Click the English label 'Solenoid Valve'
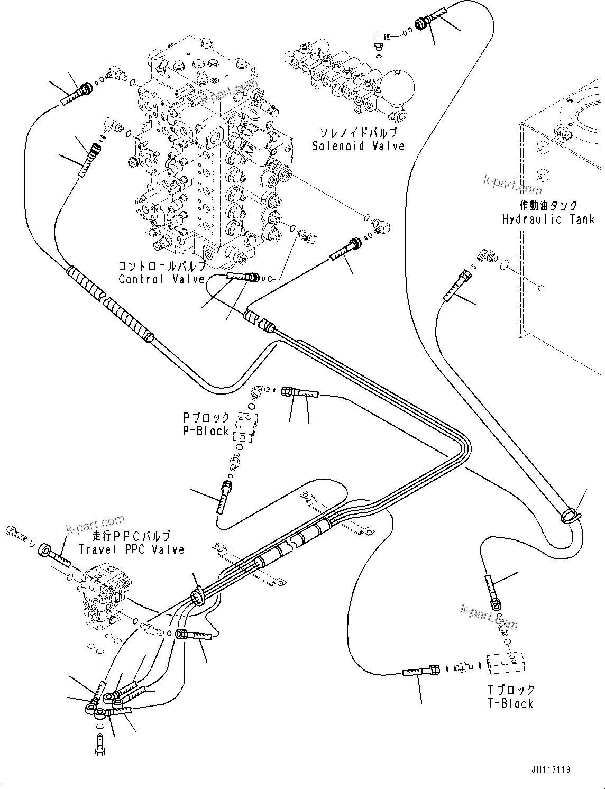click(x=358, y=146)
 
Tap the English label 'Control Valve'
click(x=161, y=279)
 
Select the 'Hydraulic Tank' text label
click(x=548, y=219)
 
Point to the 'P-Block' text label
click(x=206, y=431)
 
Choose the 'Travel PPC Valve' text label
click(x=132, y=549)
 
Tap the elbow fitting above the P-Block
click(x=258, y=392)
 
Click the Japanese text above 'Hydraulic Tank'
click(x=548, y=206)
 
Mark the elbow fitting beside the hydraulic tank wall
click(x=486, y=256)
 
